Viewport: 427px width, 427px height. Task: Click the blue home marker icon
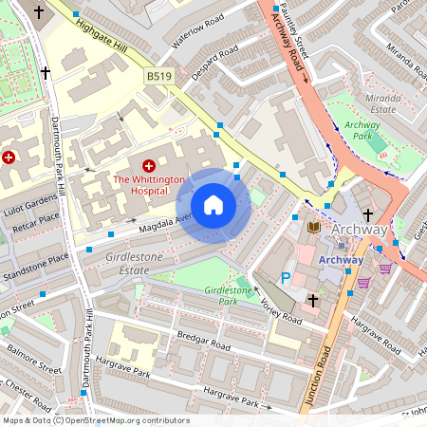pyautogui.click(x=213, y=205)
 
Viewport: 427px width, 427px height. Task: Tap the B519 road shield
pyautogui.click(x=158, y=74)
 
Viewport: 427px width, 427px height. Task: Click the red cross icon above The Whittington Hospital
pyautogui.click(x=148, y=165)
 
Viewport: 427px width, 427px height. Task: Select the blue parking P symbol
pyautogui.click(x=286, y=279)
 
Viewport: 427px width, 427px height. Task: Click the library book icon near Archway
pyautogui.click(x=313, y=227)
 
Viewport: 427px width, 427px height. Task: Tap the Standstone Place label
pyautogui.click(x=34, y=258)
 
